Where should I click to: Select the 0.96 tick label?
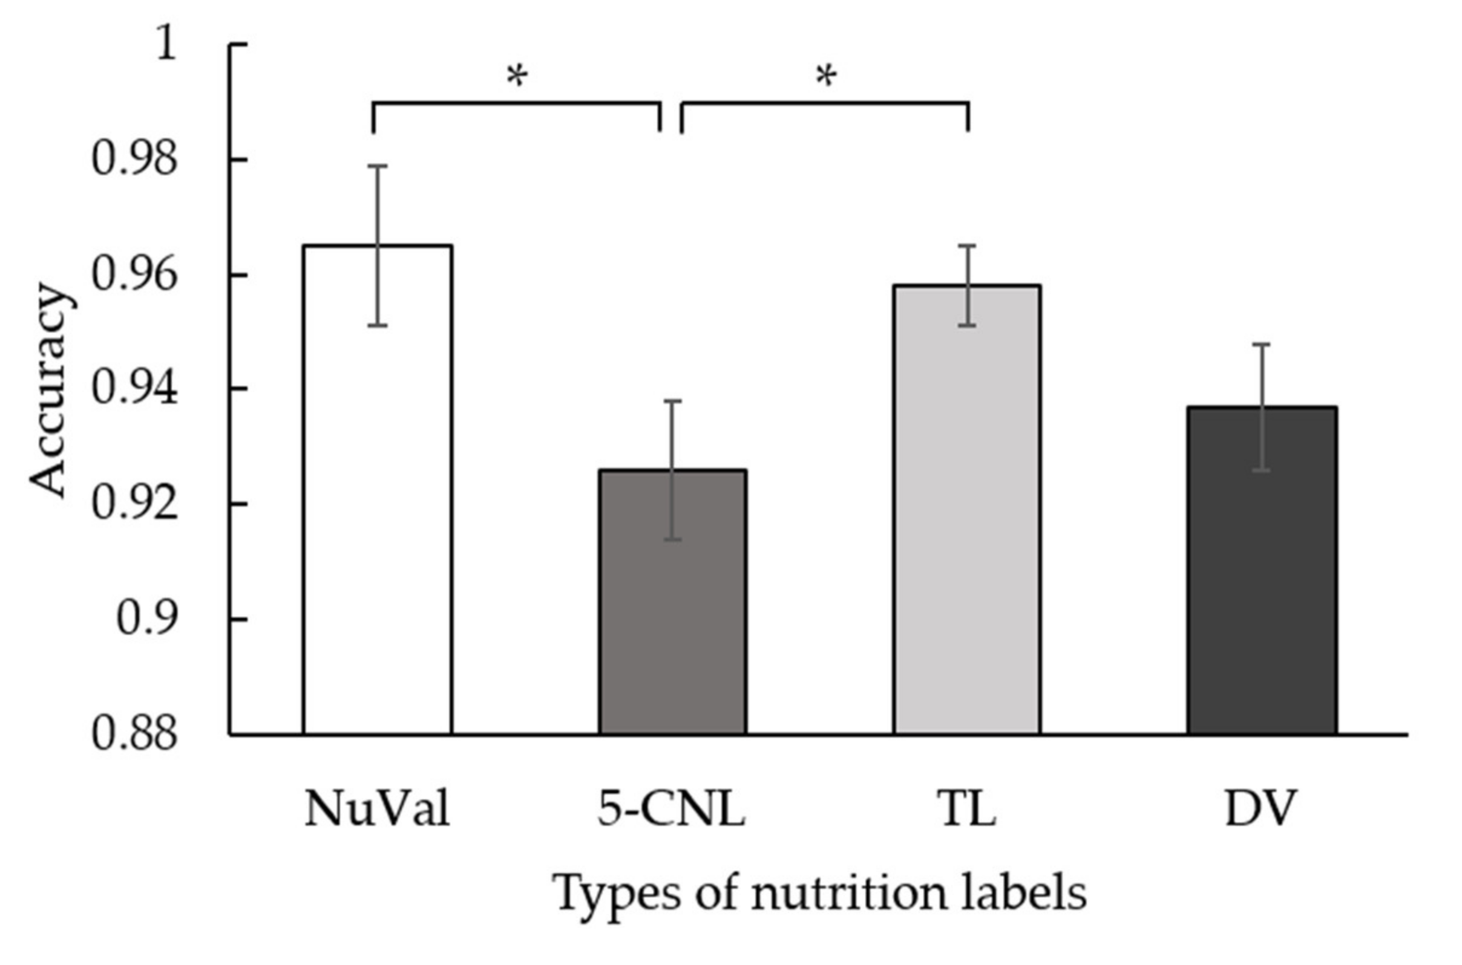pos(134,275)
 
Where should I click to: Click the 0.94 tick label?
pos(134,389)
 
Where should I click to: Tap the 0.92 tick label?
pos(134,504)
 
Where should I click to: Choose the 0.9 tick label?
pos(146,619)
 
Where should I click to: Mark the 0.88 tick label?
pos(134,734)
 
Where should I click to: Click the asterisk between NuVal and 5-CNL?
pos(517,76)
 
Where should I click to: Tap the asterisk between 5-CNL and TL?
pos(827,76)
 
